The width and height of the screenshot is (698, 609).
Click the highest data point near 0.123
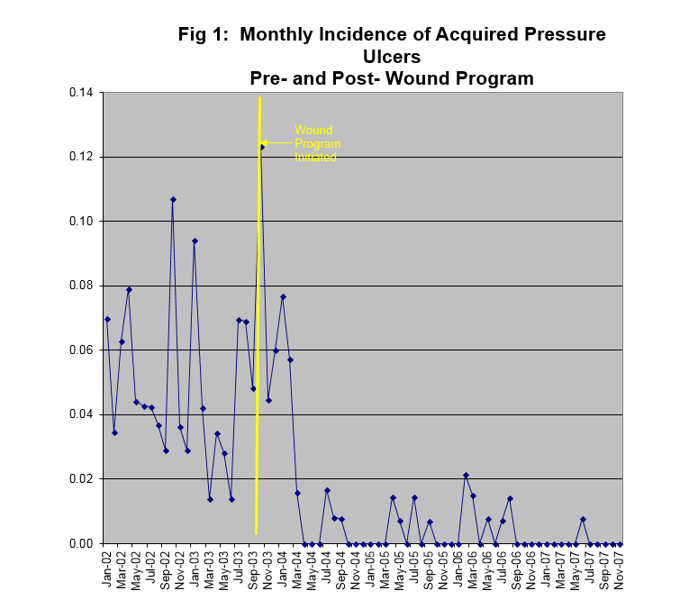(x=261, y=146)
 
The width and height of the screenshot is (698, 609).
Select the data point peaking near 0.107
(x=173, y=199)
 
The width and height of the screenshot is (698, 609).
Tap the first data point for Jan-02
(x=107, y=319)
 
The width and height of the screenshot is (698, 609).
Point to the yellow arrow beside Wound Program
(x=277, y=143)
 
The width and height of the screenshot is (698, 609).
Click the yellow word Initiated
(x=316, y=157)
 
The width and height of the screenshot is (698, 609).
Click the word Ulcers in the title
(x=392, y=57)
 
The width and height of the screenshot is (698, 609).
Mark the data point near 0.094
(x=195, y=241)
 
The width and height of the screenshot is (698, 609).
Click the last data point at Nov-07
(x=621, y=543)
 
